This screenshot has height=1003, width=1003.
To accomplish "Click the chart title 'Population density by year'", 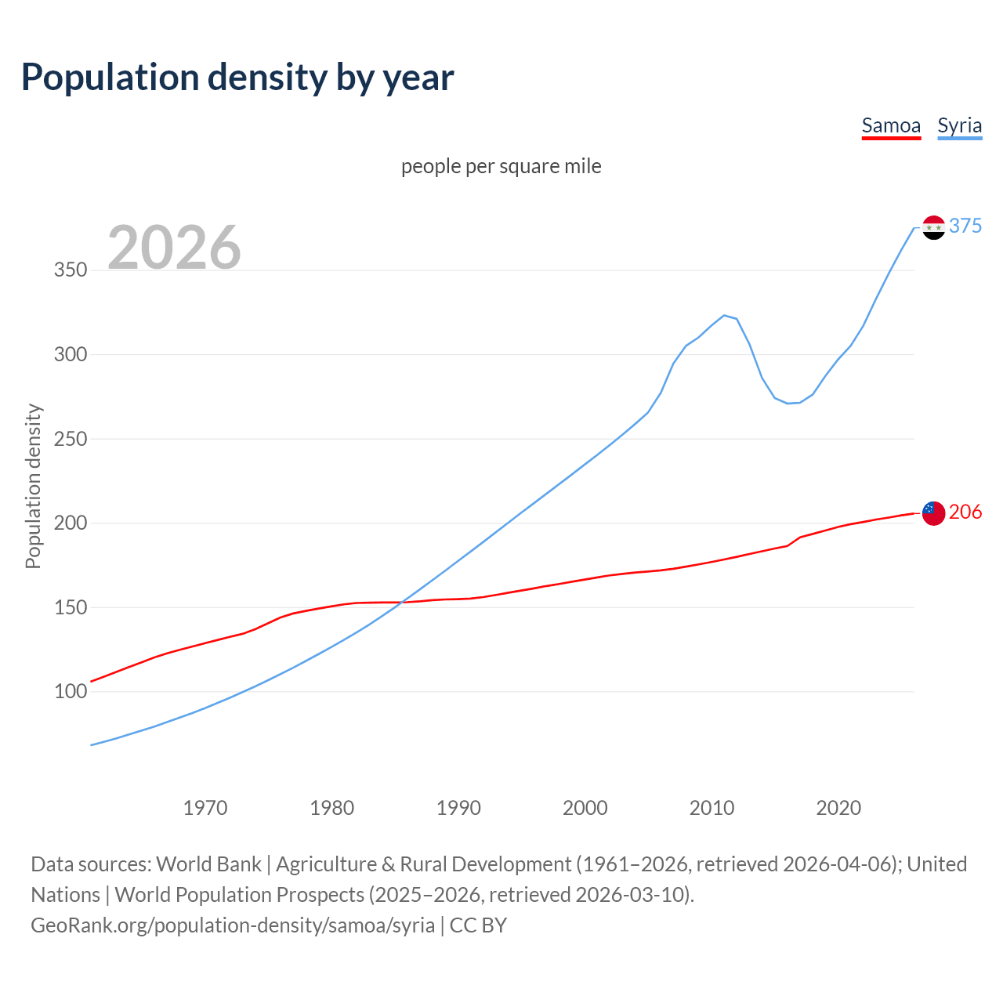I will [x=237, y=78].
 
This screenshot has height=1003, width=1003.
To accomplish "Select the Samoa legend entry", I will [x=891, y=126].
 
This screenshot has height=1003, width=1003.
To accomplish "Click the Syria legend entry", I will [x=959, y=126].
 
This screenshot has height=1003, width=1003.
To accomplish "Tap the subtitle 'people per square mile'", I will [x=501, y=167].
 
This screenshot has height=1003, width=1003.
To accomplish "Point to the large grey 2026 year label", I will [x=174, y=248].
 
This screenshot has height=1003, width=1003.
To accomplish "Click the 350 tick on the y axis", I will [x=70, y=270].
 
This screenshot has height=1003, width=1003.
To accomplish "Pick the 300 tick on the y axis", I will [x=70, y=354].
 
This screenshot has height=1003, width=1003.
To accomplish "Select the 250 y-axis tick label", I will [x=70, y=439].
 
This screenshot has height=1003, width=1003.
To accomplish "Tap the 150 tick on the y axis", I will [x=70, y=607].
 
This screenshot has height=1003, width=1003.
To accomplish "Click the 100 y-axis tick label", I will [x=70, y=691].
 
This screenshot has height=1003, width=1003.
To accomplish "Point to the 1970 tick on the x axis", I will [x=205, y=808].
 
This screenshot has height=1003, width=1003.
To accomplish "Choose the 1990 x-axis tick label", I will [x=458, y=808].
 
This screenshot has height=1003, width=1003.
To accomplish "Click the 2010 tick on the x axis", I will [x=712, y=808].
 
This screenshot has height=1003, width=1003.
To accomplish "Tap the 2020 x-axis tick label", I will [x=838, y=808].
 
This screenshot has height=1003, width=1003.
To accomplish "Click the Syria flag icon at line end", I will [x=933, y=227].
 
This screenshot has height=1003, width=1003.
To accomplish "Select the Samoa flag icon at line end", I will [x=933, y=513].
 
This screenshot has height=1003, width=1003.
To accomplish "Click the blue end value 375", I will [x=965, y=226].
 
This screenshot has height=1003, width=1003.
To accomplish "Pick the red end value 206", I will [x=965, y=512].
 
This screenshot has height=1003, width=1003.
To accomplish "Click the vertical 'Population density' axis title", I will [x=33, y=486].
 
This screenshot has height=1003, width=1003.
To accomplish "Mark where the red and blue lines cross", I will [x=402, y=603].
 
